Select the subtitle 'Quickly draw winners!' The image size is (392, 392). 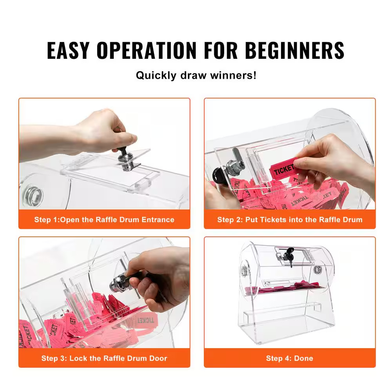coord(196,75)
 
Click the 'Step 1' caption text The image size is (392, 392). coord(104,220)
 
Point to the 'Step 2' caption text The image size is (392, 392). coord(290,220)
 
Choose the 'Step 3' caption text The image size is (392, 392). coord(104,358)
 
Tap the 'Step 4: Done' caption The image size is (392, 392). coord(290,358)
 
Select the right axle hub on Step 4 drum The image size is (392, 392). coord(317,270)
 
